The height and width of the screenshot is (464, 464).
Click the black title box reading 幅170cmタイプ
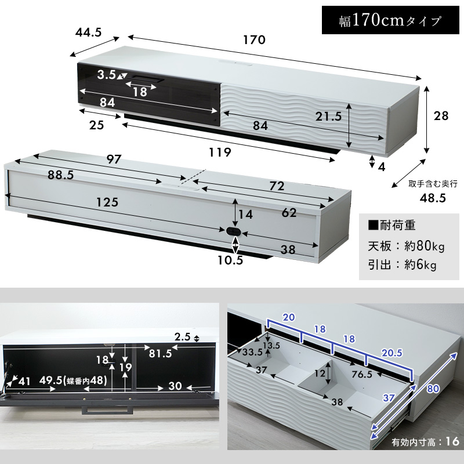coord(390,20)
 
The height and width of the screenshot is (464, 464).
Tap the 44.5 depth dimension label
coord(88,32)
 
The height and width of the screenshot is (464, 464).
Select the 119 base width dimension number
coord(220,153)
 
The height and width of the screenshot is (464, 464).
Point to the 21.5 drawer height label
coord(328,117)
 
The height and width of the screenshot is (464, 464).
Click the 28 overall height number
coord(441,116)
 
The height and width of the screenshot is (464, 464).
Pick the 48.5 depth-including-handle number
coord(433,198)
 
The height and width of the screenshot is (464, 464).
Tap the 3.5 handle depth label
coord(107,75)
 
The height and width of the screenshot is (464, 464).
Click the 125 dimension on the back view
coord(107,202)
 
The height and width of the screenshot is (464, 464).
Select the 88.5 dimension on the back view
coord(61,175)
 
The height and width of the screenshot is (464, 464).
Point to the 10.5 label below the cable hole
coord(230,260)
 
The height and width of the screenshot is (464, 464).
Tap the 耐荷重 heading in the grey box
coord(392,226)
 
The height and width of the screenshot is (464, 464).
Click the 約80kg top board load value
coord(425,246)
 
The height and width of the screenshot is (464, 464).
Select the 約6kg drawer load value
coord(420,265)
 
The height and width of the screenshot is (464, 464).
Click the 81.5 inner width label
coord(160,353)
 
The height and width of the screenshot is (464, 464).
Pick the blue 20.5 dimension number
coord(392,353)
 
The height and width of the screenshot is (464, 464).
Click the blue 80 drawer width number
coord(433,388)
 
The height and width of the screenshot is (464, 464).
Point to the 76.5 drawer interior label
coord(362,374)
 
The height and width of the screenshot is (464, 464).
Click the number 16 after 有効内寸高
coord(452,441)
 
